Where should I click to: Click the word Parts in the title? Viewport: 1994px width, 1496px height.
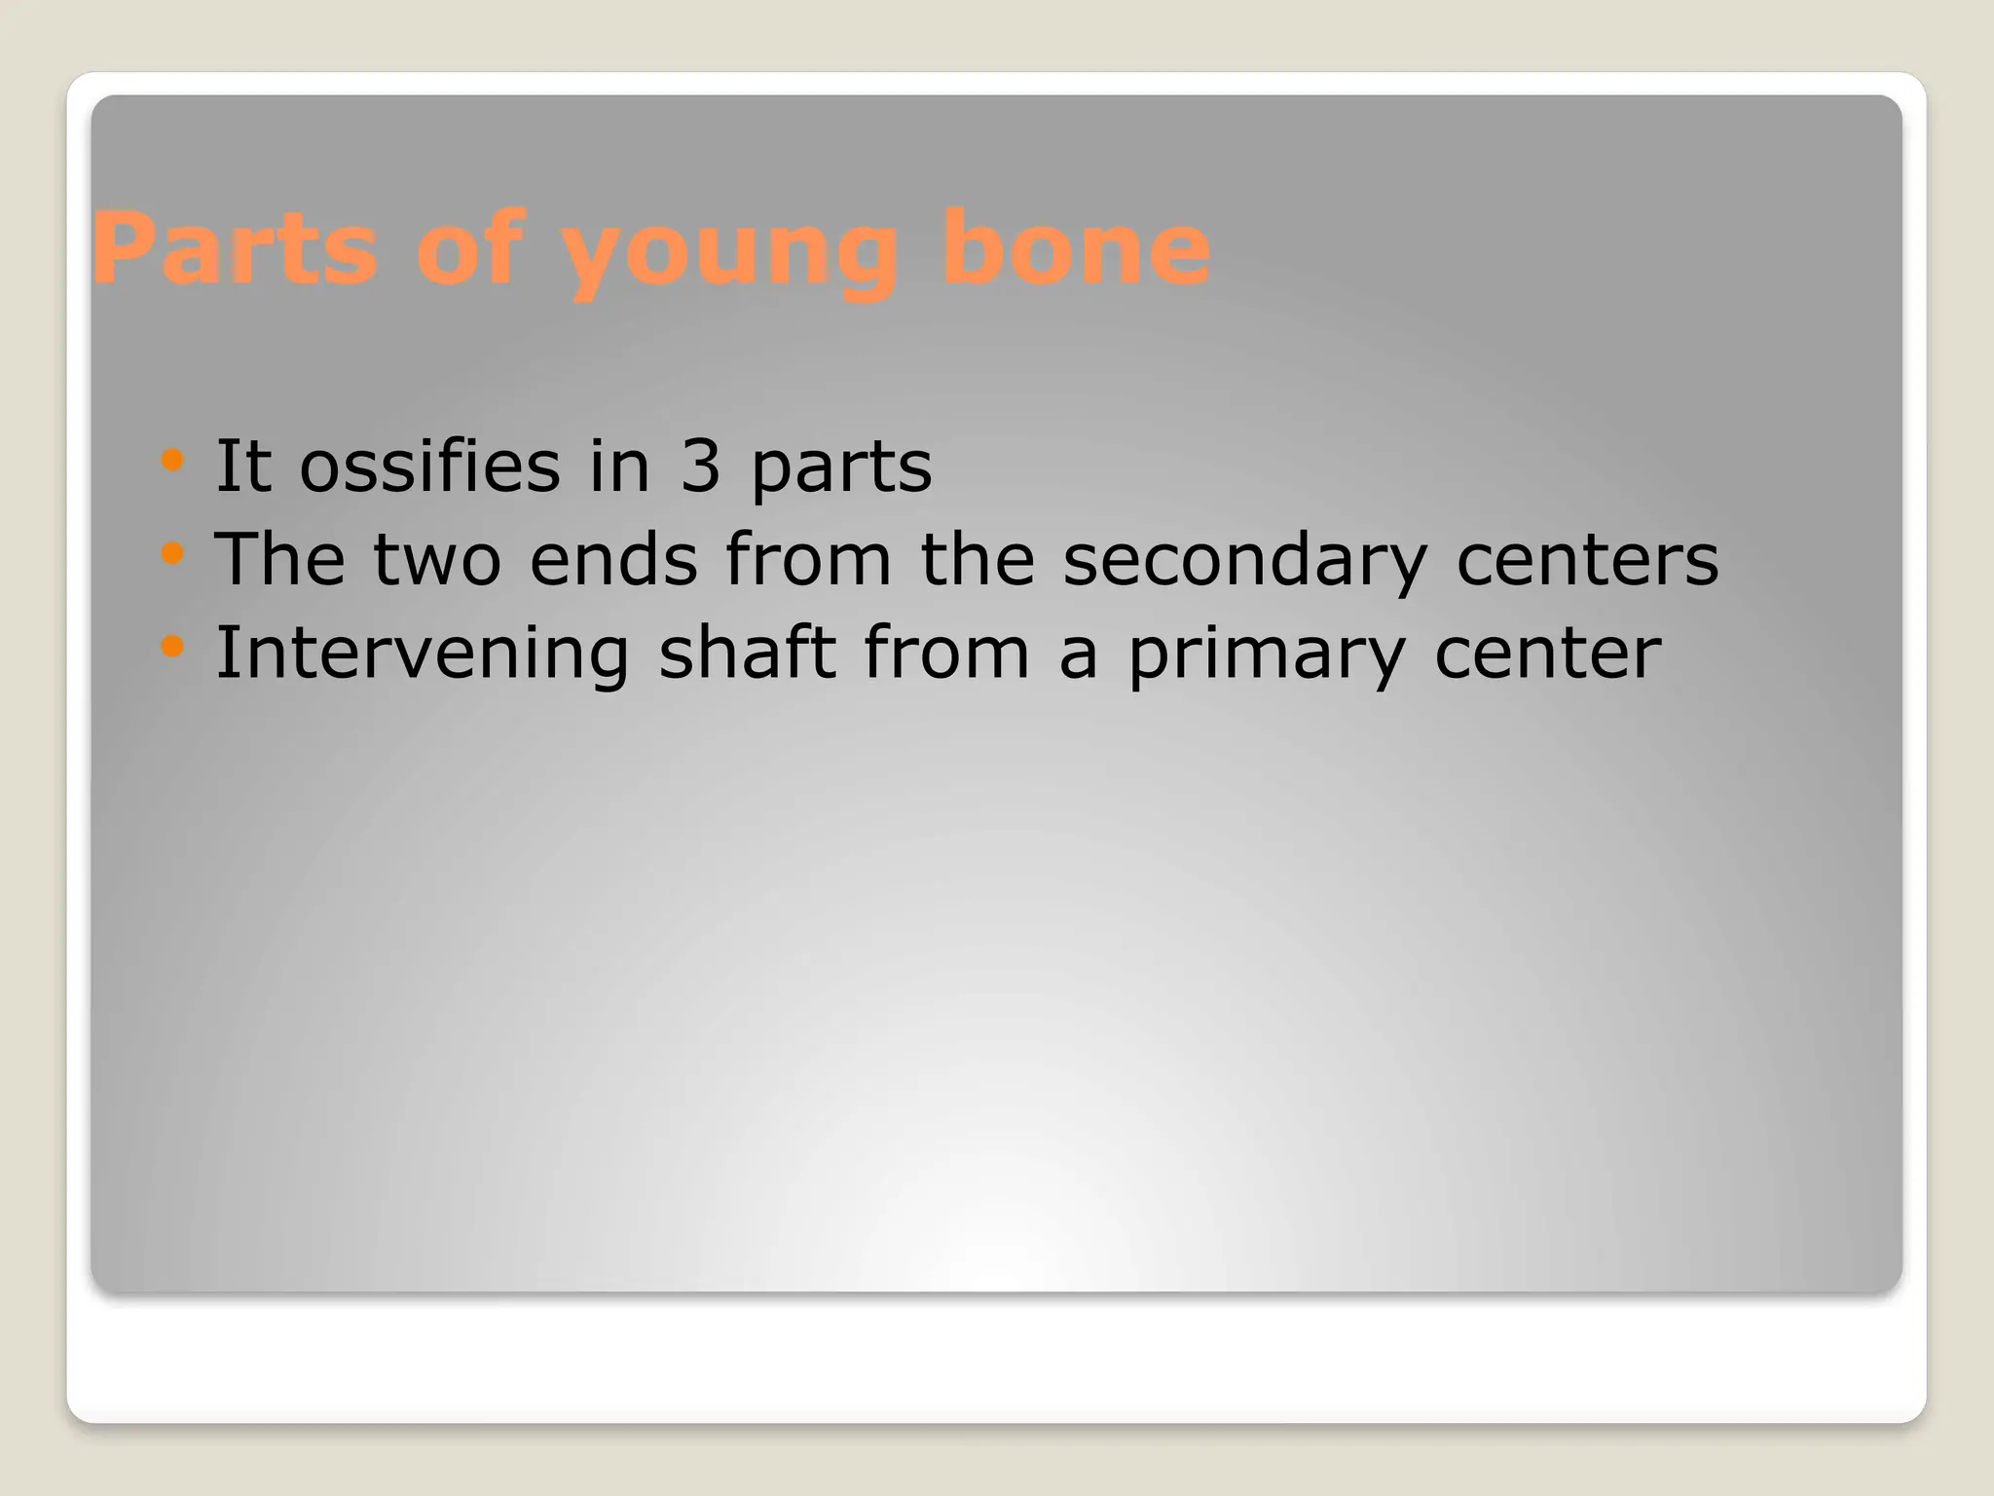234,249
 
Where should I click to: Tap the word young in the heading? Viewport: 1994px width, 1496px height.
728,253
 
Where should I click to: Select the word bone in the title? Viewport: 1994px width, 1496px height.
1076,249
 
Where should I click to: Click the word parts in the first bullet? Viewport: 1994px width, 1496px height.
841,469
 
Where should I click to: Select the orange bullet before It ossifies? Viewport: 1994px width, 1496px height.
172,460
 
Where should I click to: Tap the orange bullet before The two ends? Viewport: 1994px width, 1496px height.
172,553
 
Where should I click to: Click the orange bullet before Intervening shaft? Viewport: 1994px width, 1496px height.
172,646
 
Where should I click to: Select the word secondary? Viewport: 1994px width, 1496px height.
1244,561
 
